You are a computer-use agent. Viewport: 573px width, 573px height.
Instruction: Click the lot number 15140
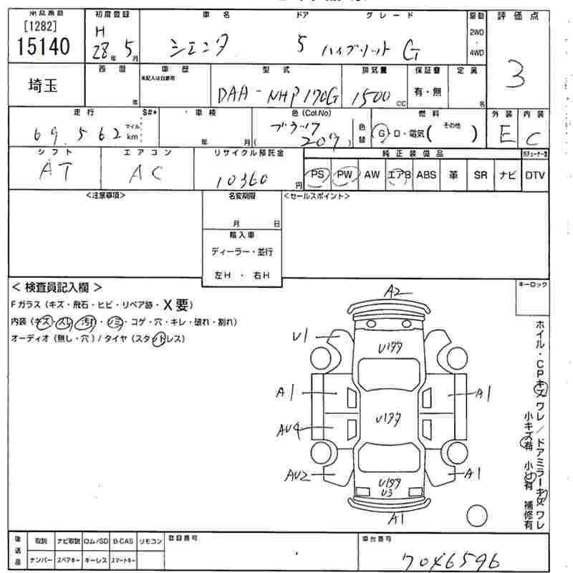coord(42,47)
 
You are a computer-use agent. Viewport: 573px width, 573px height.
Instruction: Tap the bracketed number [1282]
coord(42,27)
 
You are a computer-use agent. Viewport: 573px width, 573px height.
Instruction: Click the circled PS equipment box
coord(318,175)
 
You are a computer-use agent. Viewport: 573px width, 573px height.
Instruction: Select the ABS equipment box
coord(426,175)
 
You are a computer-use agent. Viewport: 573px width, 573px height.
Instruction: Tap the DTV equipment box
coord(534,175)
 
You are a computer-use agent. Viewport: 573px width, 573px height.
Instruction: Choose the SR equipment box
coord(480,175)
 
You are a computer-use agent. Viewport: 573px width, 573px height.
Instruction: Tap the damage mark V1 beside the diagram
coord(301,334)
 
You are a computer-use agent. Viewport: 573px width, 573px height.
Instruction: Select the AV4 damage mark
coord(289,430)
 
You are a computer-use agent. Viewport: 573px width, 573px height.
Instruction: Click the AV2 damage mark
coord(296,475)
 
